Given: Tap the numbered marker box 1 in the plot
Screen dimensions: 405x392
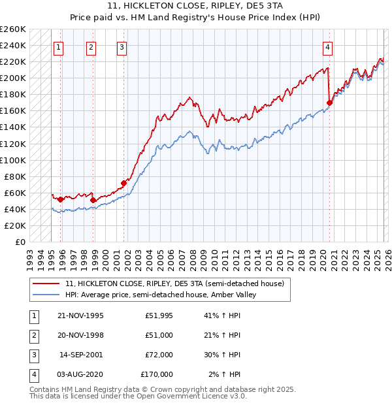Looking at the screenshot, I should click(x=59, y=46).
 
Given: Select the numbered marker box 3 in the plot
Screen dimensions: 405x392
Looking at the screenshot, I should click(x=122, y=46).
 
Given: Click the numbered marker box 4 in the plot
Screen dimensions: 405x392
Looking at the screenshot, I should click(x=327, y=46).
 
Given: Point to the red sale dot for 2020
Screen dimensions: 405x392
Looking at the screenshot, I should click(x=330, y=103).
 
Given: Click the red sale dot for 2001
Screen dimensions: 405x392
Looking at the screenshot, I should click(x=123, y=183).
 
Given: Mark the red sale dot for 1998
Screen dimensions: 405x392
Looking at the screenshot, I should click(x=93, y=200).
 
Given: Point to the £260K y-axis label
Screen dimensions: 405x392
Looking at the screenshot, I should click(x=13, y=29).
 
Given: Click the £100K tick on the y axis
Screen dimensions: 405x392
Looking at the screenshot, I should click(x=13, y=160).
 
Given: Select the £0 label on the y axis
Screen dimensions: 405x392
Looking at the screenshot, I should click(x=20, y=242).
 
